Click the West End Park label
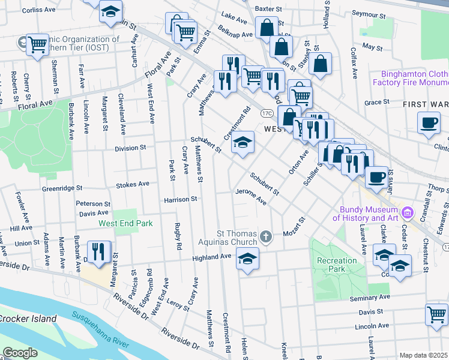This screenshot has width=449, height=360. (125, 223)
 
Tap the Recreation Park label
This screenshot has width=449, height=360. (337, 265)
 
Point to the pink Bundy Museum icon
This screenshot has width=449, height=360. (408, 212)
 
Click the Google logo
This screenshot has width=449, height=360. (19, 353)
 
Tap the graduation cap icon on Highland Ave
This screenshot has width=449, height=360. (247, 259)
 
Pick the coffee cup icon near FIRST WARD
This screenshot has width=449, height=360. (429, 123)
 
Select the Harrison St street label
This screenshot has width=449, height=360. (181, 199)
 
